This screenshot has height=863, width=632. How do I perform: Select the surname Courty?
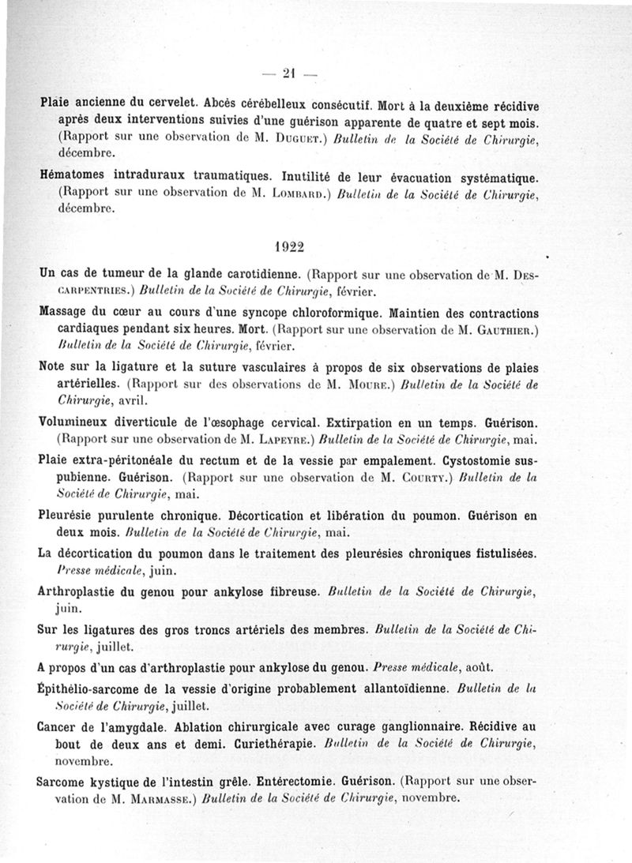coord(411,477)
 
